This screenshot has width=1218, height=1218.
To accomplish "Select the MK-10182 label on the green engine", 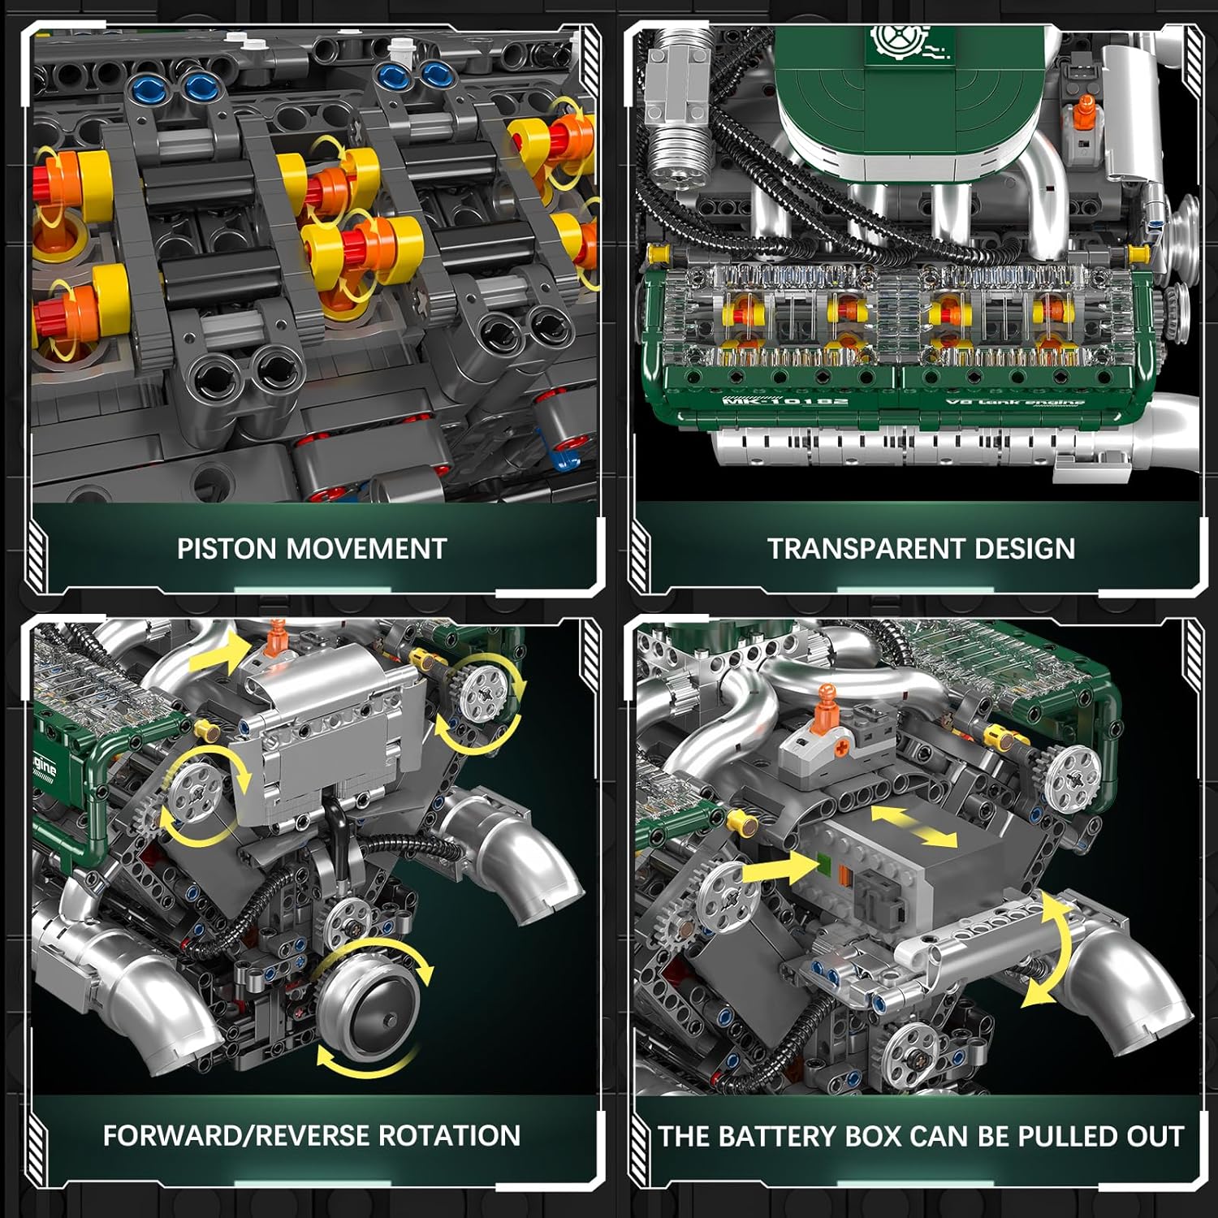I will point(784,400).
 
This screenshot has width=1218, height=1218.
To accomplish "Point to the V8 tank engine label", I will point(1015,401).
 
